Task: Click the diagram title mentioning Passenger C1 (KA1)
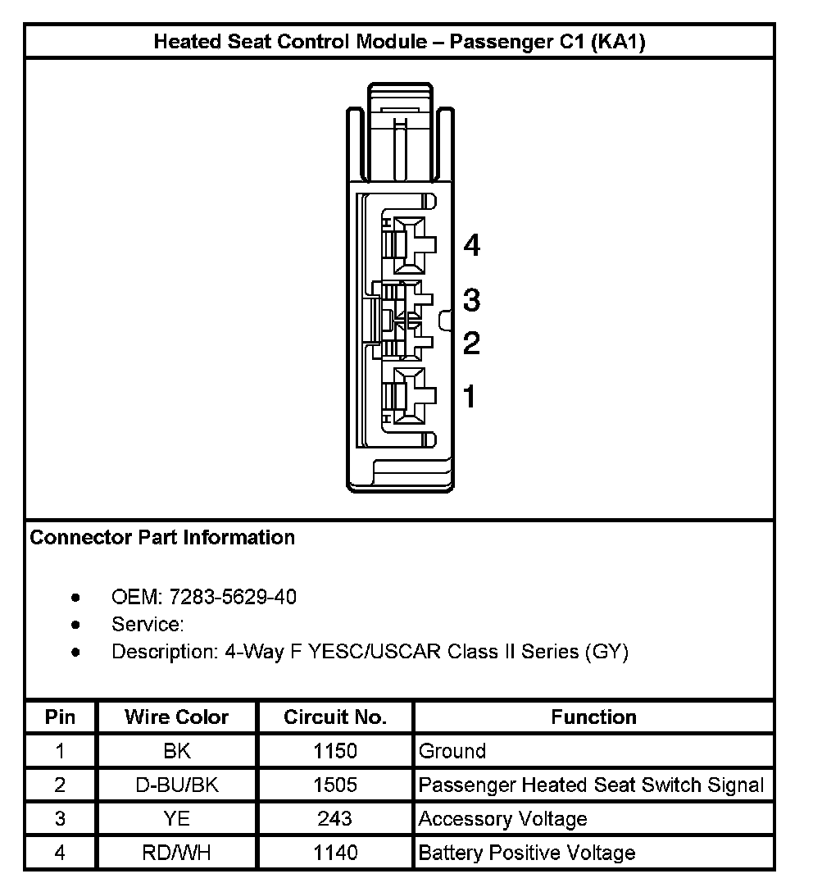(x=399, y=42)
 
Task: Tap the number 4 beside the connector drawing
(x=471, y=245)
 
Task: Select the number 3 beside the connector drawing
(x=471, y=300)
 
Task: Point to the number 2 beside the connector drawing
(x=471, y=343)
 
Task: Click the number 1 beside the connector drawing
(x=470, y=397)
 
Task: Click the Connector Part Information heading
(x=162, y=538)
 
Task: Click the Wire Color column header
(x=176, y=717)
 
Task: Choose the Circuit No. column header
(x=335, y=717)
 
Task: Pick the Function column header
(x=593, y=717)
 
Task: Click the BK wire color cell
(x=176, y=751)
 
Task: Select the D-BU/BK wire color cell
(x=176, y=785)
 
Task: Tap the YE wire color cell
(x=176, y=819)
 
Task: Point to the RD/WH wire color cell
(x=176, y=853)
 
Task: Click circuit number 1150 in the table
(x=335, y=751)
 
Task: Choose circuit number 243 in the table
(x=335, y=819)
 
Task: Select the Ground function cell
(x=452, y=751)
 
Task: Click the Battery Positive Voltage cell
(x=527, y=853)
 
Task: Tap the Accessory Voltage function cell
(x=503, y=819)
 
